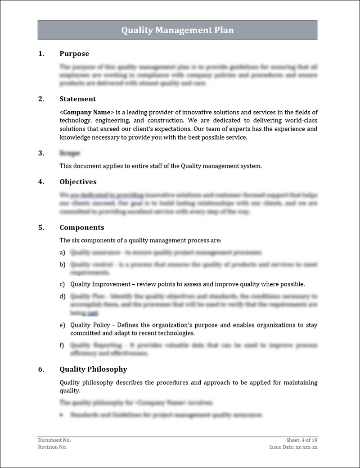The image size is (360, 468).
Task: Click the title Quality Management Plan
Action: pyautogui.click(x=177, y=30)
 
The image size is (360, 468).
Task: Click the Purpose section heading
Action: pyautogui.click(x=74, y=54)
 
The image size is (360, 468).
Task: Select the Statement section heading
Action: pyautogui.click(x=77, y=99)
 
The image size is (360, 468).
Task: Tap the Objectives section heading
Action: pyautogui.click(x=78, y=182)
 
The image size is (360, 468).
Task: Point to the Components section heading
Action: pyautogui.click(x=81, y=227)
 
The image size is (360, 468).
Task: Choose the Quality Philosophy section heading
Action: pyautogui.click(x=93, y=369)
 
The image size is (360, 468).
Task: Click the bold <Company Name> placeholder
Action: pyautogui.click(x=87, y=112)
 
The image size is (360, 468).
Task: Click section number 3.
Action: pyautogui.click(x=41, y=153)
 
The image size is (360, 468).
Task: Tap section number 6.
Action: pyautogui.click(x=41, y=369)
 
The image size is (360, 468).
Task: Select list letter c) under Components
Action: pyautogui.click(x=62, y=284)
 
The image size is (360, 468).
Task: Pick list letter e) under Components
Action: pyautogui.click(x=62, y=325)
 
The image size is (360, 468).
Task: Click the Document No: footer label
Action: pyautogui.click(x=54, y=440)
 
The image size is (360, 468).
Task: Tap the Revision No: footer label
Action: pyautogui.click(x=53, y=447)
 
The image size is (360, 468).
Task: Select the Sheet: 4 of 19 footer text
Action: pyautogui.click(x=302, y=440)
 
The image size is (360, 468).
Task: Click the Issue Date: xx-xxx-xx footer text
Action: pyautogui.click(x=293, y=447)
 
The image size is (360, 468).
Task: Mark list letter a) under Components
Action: pyautogui.click(x=62, y=253)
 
